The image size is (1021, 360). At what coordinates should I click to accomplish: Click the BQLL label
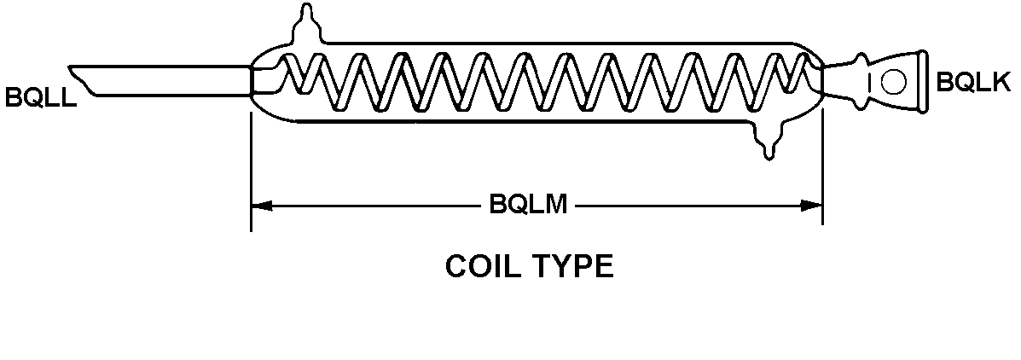(x=39, y=96)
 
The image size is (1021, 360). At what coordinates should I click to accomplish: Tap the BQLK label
(x=972, y=83)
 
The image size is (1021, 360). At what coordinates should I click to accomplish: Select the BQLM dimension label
(x=528, y=206)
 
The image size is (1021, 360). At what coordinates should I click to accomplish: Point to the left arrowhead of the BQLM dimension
(x=261, y=206)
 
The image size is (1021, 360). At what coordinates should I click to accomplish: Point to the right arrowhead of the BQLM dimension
(x=812, y=206)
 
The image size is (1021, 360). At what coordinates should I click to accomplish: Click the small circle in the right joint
(x=893, y=82)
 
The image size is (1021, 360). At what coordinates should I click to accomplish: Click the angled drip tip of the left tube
(x=84, y=81)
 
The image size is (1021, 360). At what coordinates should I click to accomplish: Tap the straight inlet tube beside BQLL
(x=171, y=80)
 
